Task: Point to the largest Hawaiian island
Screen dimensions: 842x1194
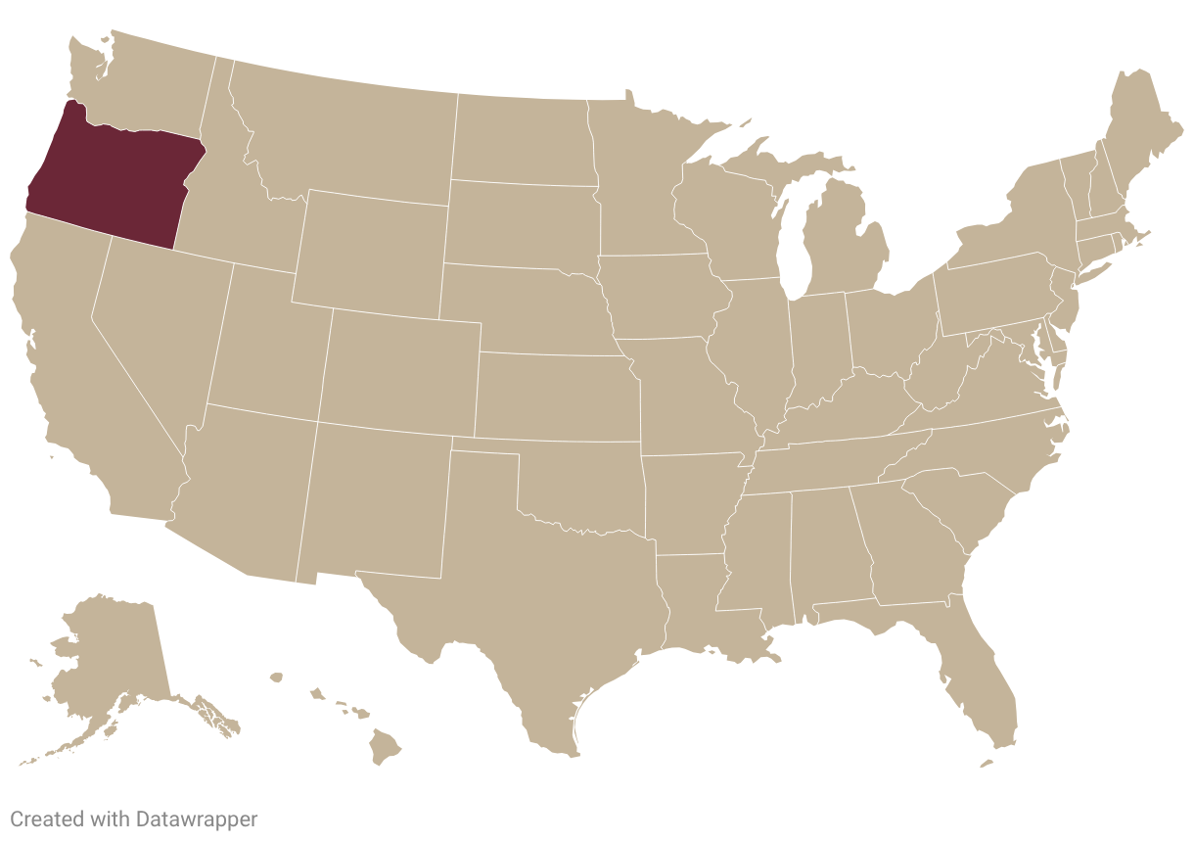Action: [x=385, y=750]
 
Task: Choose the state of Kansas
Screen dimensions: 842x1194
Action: [x=558, y=397]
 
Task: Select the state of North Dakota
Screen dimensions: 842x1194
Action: [x=524, y=137]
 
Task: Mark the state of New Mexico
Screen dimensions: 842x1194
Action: [x=377, y=499]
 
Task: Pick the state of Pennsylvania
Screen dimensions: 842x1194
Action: [x=993, y=294]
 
